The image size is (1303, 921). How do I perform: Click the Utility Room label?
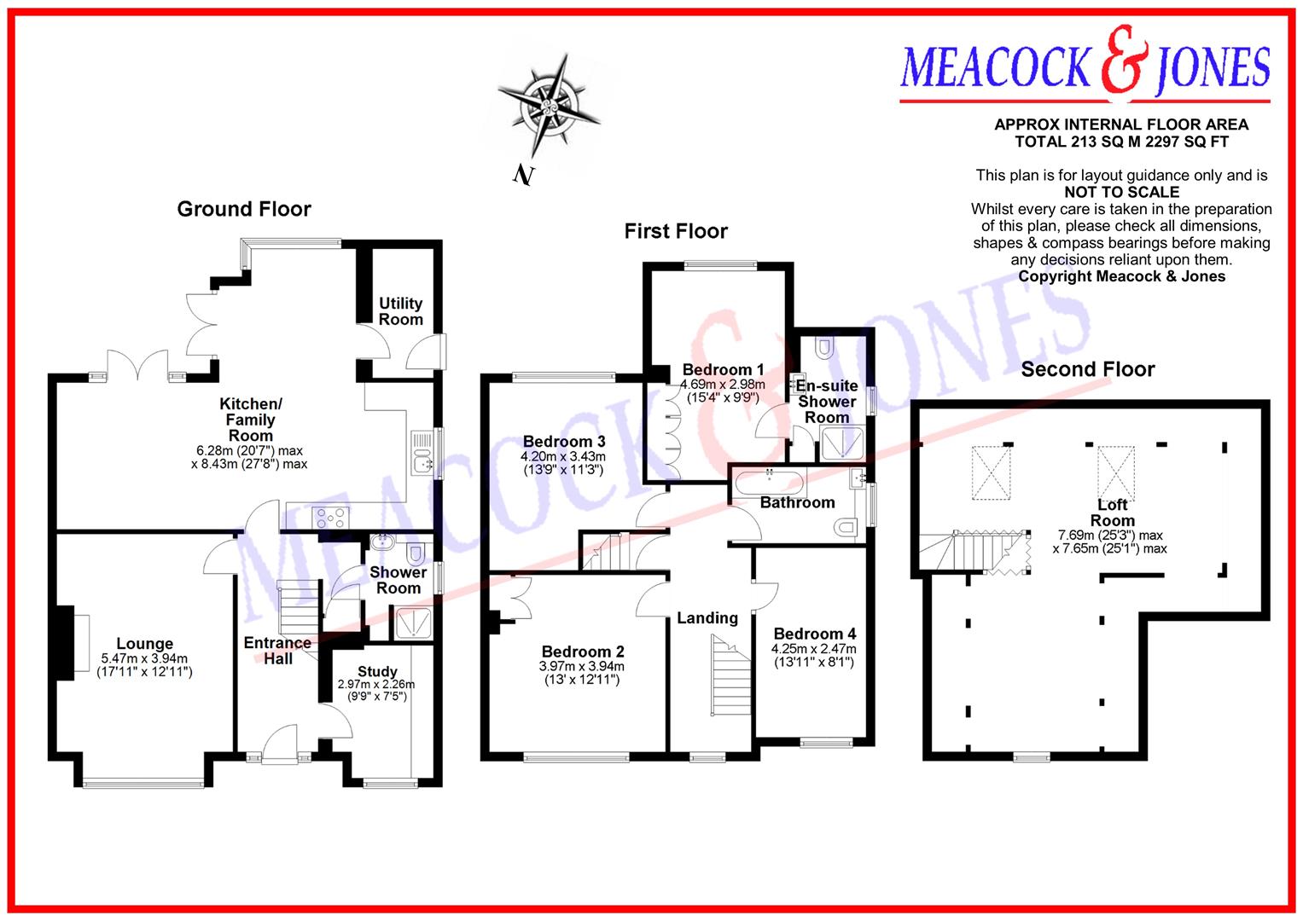[x=400, y=311]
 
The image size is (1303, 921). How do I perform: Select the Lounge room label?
[x=145, y=644]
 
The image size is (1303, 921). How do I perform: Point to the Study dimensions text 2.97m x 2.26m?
[x=376, y=685]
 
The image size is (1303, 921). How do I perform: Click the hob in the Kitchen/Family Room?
[x=331, y=516]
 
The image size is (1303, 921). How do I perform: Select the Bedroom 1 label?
[x=723, y=369]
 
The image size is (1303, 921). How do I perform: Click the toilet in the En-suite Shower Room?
[x=824, y=347]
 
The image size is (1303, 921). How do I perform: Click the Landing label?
[x=707, y=618]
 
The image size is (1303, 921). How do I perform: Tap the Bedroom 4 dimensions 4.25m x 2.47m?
[x=814, y=649]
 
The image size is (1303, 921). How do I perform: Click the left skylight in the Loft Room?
[x=990, y=472]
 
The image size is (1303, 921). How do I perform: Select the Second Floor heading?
[x=1087, y=369]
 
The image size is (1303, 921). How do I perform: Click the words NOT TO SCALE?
[x=1121, y=192]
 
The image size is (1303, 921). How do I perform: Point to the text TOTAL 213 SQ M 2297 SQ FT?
[x=1121, y=142]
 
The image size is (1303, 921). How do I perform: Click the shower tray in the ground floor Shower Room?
[x=413, y=624]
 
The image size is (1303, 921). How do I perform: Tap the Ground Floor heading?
[x=244, y=209]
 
